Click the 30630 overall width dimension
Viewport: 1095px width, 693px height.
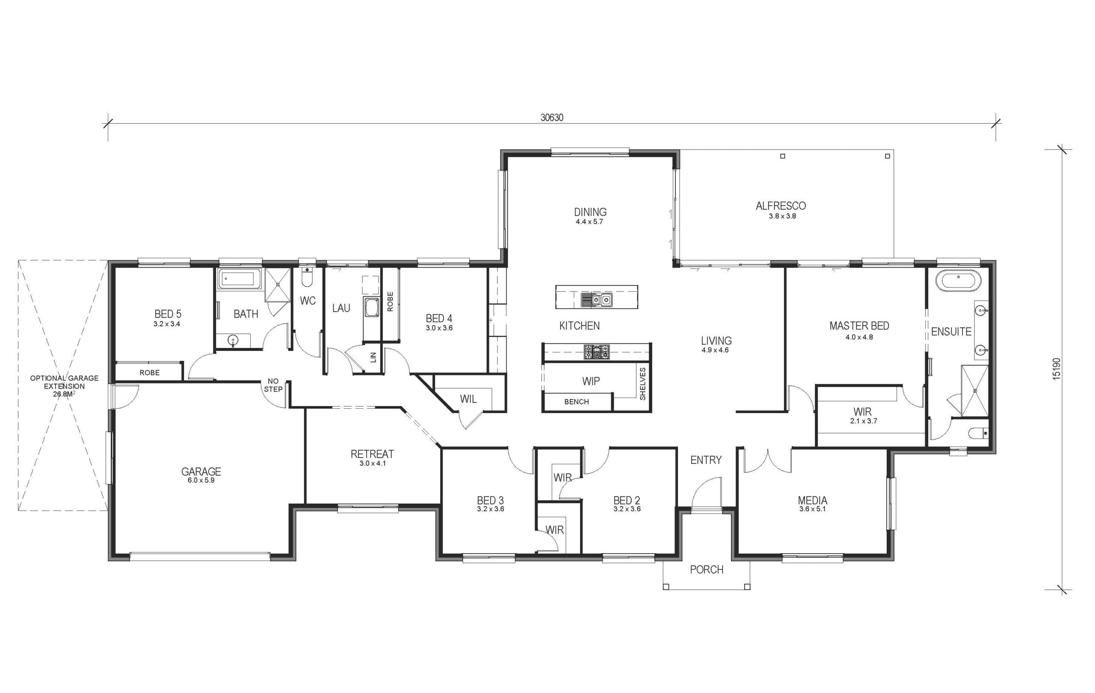point(552,118)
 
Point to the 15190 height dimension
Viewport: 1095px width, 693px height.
point(1057,369)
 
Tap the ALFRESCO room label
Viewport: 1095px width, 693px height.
point(781,206)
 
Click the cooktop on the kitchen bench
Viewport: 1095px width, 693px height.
point(597,352)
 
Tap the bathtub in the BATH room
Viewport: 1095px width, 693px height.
point(239,279)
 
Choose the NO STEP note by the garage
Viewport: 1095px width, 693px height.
point(273,385)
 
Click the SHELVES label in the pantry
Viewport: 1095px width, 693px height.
point(642,384)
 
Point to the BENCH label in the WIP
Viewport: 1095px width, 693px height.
point(576,402)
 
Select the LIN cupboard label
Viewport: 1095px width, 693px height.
point(373,357)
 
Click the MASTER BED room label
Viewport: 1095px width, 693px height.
point(859,326)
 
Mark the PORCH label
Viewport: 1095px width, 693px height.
point(706,569)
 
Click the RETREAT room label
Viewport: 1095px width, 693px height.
point(372,454)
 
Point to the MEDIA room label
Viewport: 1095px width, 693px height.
point(813,500)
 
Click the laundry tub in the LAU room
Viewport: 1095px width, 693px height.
point(371,308)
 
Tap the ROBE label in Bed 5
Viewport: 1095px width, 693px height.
point(150,373)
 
